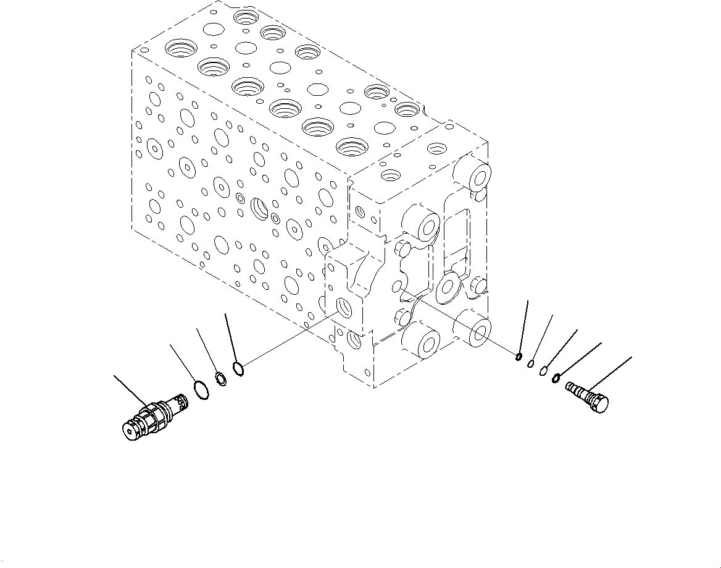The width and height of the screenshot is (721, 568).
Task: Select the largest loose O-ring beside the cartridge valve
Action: tap(200, 390)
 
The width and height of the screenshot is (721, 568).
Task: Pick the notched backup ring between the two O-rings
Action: tap(220, 378)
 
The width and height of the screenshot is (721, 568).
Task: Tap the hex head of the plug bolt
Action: tap(599, 403)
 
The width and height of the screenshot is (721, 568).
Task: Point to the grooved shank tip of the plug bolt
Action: tap(572, 388)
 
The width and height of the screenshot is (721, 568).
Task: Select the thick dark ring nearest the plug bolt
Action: tap(557, 378)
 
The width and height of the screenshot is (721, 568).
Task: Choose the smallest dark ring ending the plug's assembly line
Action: tap(520, 356)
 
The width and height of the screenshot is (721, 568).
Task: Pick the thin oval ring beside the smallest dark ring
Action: tap(531, 363)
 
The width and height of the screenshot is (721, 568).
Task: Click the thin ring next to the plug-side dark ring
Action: tap(544, 371)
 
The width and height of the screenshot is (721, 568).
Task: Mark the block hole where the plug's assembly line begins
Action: tap(398, 287)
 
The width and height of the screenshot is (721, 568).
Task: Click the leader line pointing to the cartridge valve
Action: tap(130, 390)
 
